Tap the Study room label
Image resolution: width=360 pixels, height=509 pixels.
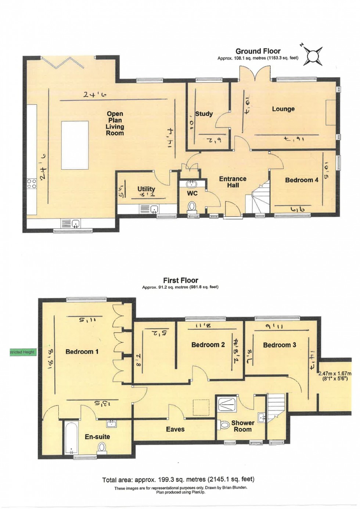coord(204,114)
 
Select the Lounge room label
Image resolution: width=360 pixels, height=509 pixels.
coord(283,109)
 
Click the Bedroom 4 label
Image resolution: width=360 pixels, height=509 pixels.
coord(302,180)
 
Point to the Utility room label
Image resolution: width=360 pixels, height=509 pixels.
coord(146,189)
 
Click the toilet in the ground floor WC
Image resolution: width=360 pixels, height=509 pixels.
coord(192,207)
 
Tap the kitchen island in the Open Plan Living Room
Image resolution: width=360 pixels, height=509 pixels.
coord(75,145)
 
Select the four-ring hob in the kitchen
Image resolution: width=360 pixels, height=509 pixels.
coord(32,184)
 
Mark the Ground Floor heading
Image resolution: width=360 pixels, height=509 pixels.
coord(258,51)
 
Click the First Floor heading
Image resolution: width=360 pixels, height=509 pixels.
coord(180,281)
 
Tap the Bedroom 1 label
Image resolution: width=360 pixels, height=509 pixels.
coord(82,352)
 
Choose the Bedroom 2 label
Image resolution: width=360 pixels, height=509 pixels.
coord(208,345)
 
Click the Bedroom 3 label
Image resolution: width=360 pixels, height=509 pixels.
coord(280,345)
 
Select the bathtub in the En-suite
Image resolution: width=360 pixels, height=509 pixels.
coord(71,438)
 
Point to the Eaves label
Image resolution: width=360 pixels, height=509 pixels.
coord(175,429)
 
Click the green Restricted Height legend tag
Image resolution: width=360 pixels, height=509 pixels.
coord(22,352)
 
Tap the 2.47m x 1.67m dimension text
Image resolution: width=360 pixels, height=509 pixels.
coord(335,376)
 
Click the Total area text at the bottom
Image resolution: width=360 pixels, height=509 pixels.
coord(178,479)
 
